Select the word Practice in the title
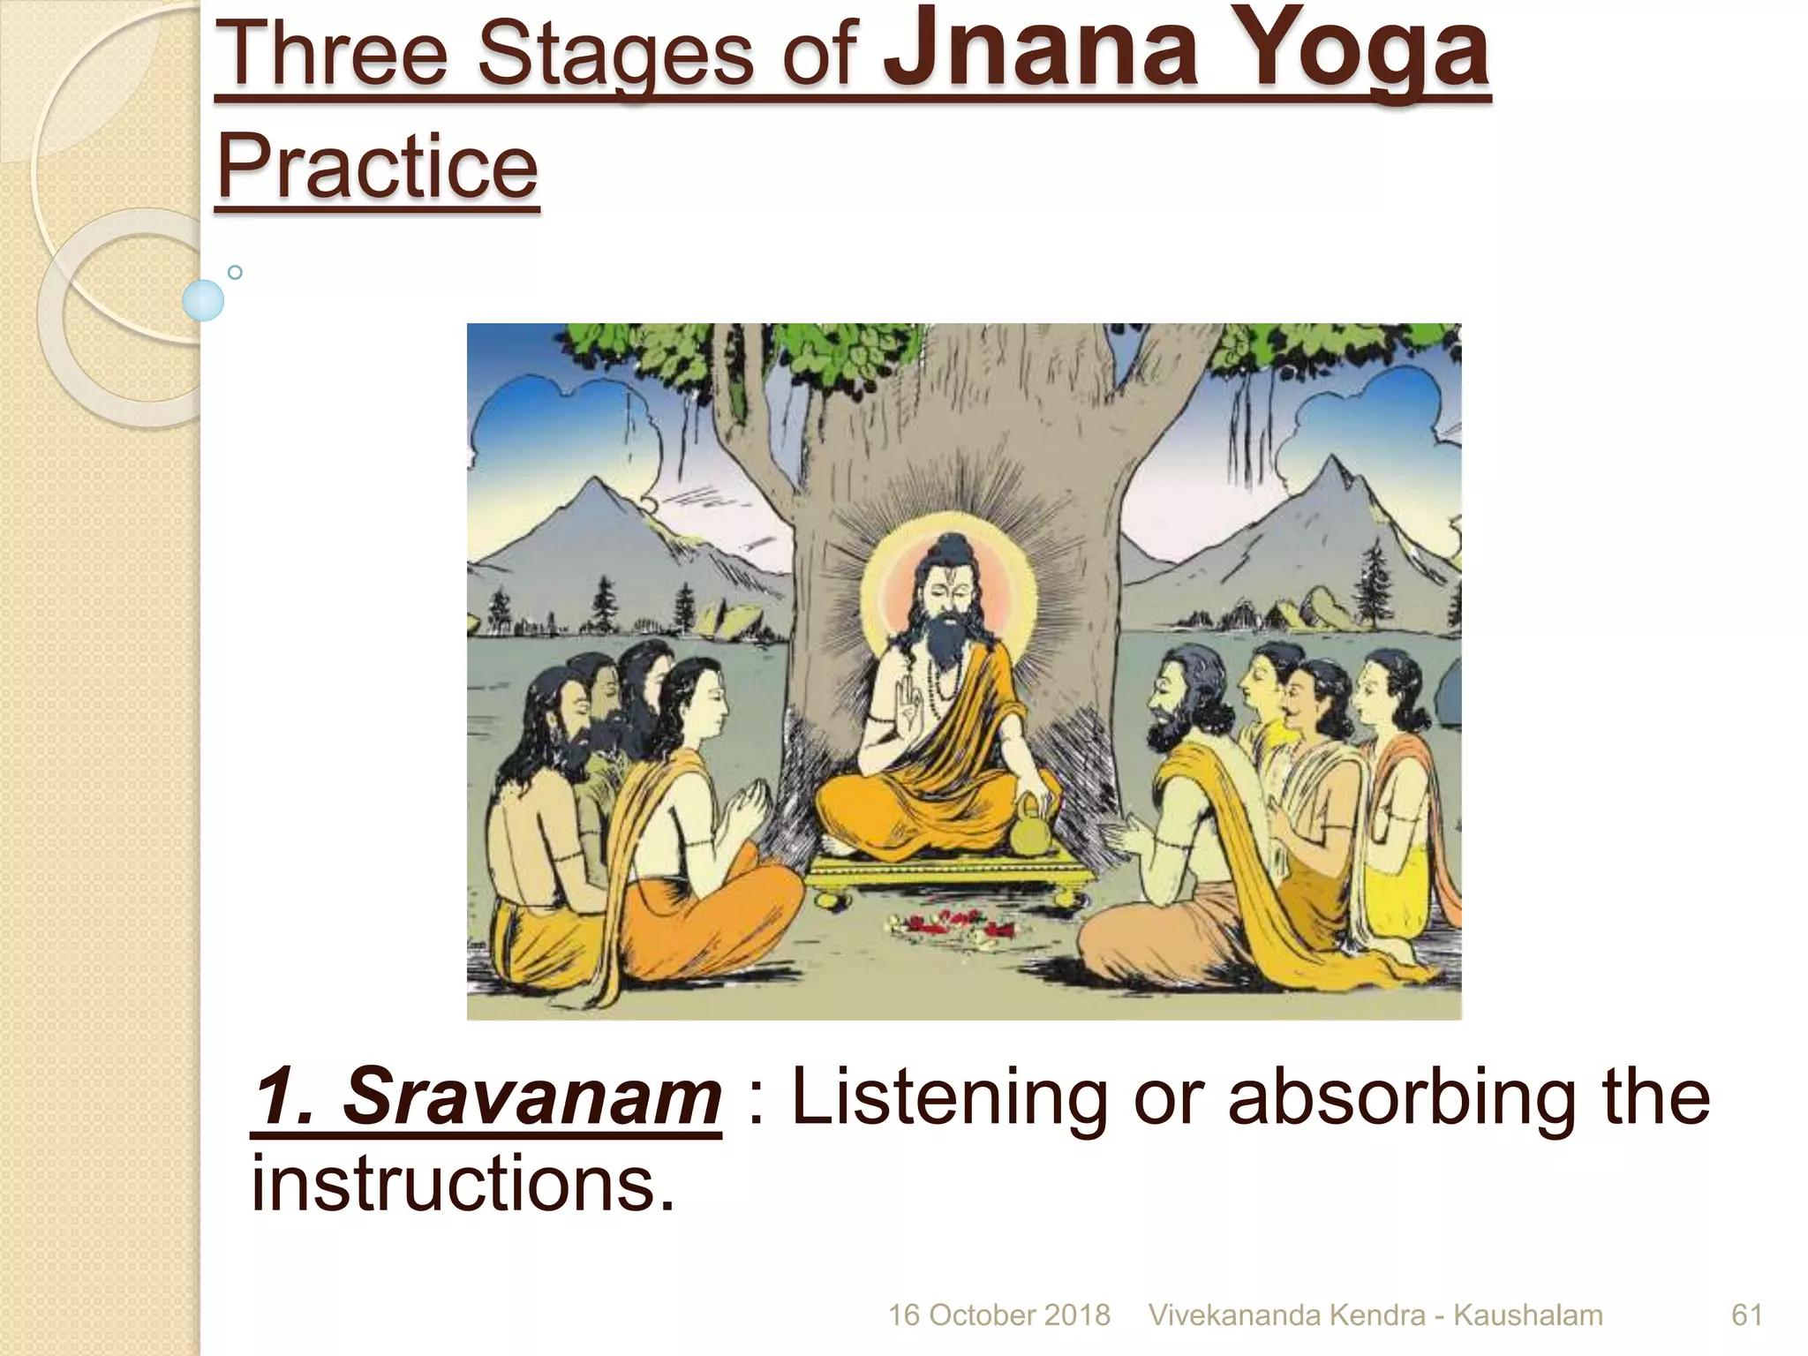pyautogui.click(x=377, y=166)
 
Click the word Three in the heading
pyautogui.click(x=331, y=55)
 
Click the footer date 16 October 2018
pyautogui.click(x=998, y=1315)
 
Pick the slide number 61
pyautogui.click(x=1746, y=1315)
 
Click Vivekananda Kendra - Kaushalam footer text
pyautogui.click(x=1375, y=1315)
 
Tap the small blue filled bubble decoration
pyautogui.click(x=203, y=300)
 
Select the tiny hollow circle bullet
pyautogui.click(x=235, y=272)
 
